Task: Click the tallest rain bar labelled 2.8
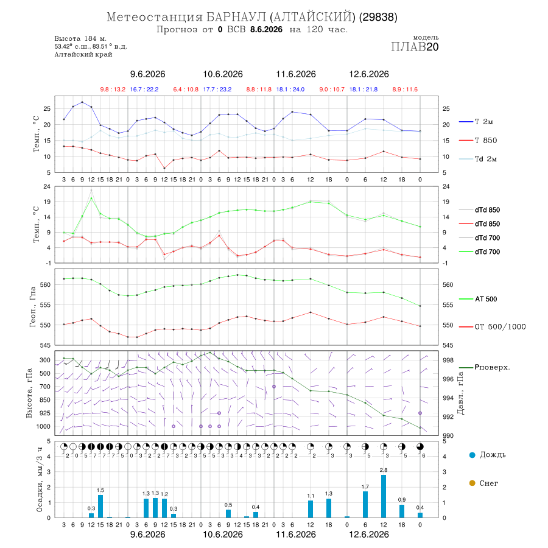pyautogui.click(x=384, y=496)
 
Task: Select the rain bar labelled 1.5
pyautogui.click(x=100, y=506)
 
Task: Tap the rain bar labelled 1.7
pyautogui.click(x=365, y=504)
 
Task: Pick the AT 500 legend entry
pyautogui.click(x=478, y=299)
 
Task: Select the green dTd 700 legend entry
pyautogui.click(x=479, y=252)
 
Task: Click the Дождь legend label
pyautogui.click(x=493, y=455)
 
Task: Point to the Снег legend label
pyautogui.click(x=488, y=483)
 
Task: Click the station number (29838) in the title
pyautogui.click(x=378, y=17)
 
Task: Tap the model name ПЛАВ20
pyautogui.click(x=415, y=47)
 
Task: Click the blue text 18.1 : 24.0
pyautogui.click(x=290, y=90)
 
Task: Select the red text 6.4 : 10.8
pyautogui.click(x=186, y=90)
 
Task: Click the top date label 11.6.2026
pyautogui.click(x=296, y=74)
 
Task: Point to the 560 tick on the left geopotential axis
pyautogui.click(x=46, y=285)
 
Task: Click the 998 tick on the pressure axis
pyautogui.click(x=448, y=360)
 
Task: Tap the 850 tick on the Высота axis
pyautogui.click(x=45, y=400)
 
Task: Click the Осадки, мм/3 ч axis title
pyautogui.click(x=40, y=480)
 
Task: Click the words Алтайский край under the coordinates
pyautogui.click(x=83, y=55)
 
